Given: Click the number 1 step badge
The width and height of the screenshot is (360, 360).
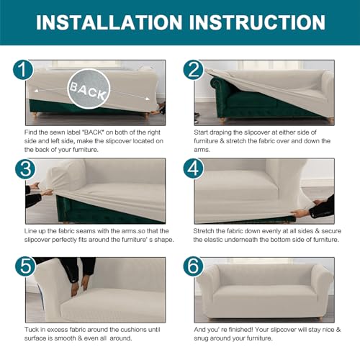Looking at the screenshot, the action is click(x=23, y=70).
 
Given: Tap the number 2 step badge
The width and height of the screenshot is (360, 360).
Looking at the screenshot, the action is click(x=194, y=70).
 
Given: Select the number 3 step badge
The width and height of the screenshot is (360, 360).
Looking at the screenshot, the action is click(x=25, y=168).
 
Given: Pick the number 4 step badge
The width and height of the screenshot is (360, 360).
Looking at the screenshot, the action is click(x=194, y=168).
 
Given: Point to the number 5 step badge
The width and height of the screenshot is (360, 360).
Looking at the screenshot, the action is click(x=25, y=266).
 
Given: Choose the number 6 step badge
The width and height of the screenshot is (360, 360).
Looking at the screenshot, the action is click(x=194, y=266).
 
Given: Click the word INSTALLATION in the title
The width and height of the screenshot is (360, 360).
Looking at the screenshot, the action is click(x=109, y=22).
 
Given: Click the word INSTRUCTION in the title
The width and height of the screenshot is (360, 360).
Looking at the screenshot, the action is click(x=257, y=22).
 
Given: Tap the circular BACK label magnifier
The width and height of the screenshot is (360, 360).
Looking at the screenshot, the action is click(x=89, y=89).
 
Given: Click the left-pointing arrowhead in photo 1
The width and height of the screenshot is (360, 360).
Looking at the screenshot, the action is click(x=36, y=91).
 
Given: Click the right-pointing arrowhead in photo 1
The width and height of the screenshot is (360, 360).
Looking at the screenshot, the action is click(x=148, y=99).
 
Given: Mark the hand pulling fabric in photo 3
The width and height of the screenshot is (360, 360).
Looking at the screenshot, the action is click(x=46, y=192).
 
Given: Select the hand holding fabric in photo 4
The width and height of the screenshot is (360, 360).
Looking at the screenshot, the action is click(x=300, y=213).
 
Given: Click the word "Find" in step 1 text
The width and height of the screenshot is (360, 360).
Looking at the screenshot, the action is click(x=30, y=132).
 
